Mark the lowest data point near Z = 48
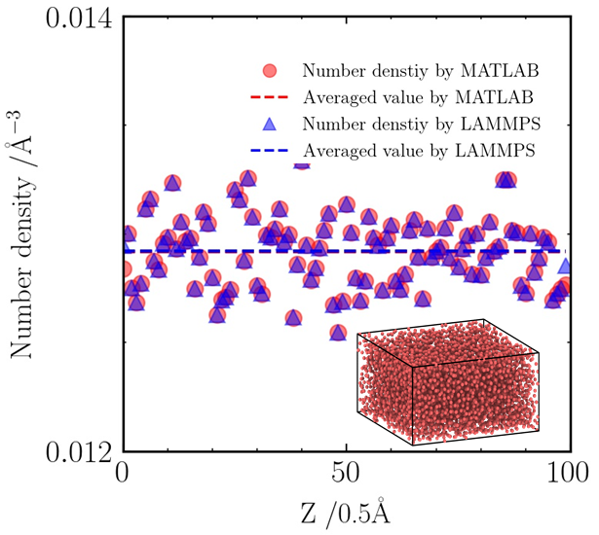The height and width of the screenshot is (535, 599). tap(339, 333)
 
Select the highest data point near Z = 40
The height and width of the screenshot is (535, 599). tap(302, 161)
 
